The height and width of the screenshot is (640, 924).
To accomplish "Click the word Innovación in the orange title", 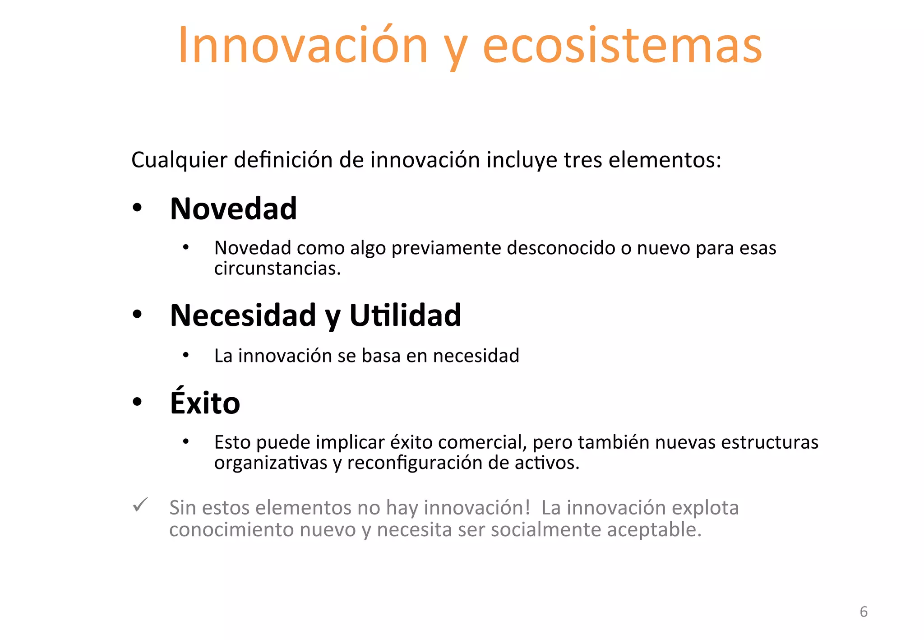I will (x=303, y=46).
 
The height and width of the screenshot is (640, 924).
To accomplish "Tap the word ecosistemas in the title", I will (x=622, y=46).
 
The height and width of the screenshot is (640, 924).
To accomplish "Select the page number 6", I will (x=864, y=612).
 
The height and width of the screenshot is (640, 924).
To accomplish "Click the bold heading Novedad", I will (x=233, y=209).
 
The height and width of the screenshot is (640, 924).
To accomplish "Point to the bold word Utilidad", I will (x=405, y=315).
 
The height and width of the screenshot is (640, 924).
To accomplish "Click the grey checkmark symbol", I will (x=140, y=505).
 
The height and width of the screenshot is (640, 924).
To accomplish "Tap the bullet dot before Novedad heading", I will (x=137, y=208).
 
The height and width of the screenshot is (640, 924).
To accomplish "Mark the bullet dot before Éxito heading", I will (x=137, y=401).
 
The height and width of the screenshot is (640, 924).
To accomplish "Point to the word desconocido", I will (x=561, y=248).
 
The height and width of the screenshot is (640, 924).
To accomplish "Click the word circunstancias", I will (x=277, y=269).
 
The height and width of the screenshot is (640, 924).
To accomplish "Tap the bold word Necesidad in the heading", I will (x=243, y=315).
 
